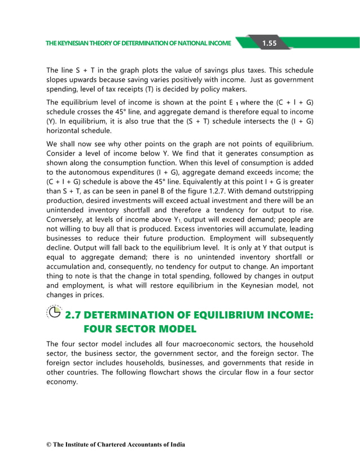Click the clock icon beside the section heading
pos(54,312)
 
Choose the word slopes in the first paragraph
pos(58,79)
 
